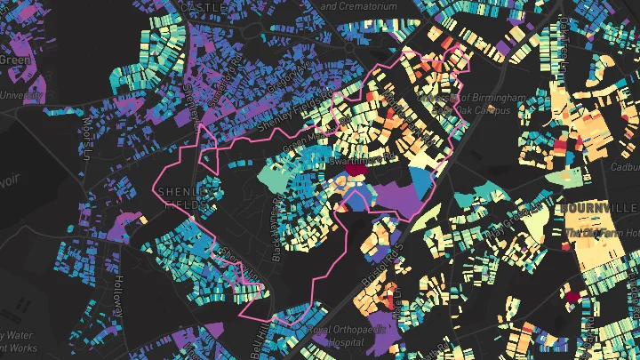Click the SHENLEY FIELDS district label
(x=186, y=197)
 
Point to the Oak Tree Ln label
(x=564, y=35)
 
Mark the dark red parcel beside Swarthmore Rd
(x=356, y=170)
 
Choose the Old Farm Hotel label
(x=596, y=234)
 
